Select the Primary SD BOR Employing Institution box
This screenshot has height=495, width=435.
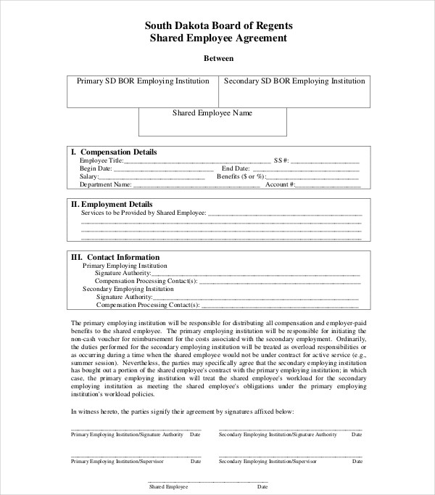143,91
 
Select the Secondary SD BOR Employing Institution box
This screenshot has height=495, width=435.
294,91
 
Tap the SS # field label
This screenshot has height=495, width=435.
281,160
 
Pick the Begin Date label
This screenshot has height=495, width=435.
96,168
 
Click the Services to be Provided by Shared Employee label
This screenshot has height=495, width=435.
144,214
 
